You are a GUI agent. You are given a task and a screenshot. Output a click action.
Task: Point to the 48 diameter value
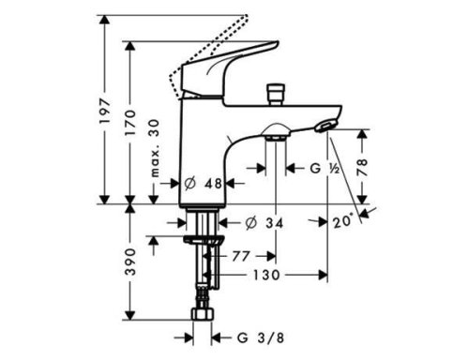coord(212,184)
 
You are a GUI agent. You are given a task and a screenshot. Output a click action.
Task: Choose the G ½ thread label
coord(325,169)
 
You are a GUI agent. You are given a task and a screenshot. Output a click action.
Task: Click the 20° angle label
coord(343,222)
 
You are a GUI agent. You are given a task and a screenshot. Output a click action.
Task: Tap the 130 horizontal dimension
coord(266,276)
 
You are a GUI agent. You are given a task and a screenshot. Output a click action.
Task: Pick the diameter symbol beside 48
coord(189,184)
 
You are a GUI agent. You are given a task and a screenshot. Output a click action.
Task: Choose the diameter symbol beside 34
coord(250,223)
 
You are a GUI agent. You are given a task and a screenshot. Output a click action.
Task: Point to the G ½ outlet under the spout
coord(275,137)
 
